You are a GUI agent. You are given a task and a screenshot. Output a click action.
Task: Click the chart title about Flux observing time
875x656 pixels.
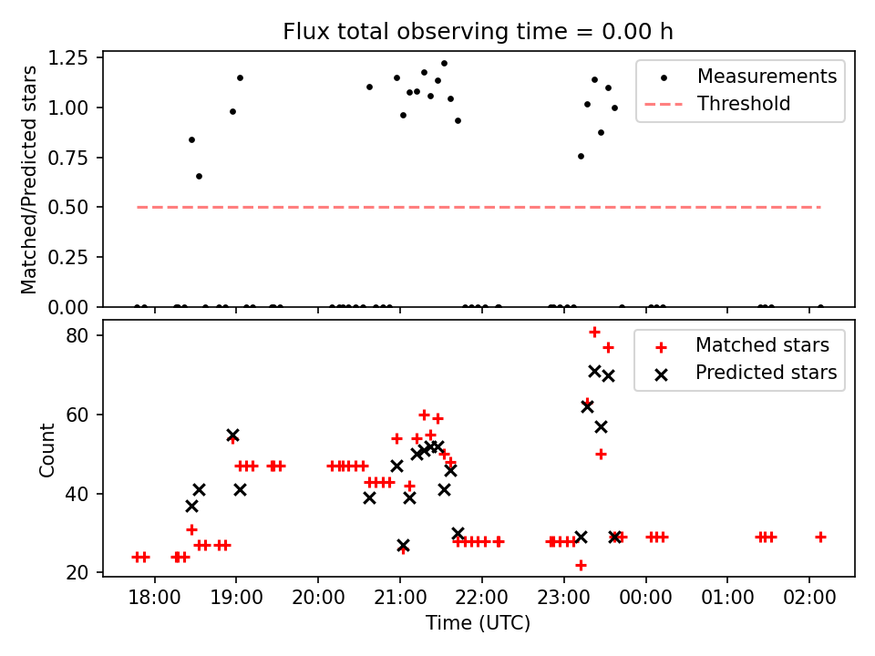click(478, 32)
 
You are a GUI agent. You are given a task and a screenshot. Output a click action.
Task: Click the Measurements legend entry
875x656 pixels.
click(767, 77)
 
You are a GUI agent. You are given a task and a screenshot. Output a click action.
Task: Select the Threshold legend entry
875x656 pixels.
click(744, 104)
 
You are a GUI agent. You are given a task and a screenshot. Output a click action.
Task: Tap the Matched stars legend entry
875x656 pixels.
click(762, 345)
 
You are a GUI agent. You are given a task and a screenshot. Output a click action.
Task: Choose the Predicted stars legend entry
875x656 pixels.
click(766, 373)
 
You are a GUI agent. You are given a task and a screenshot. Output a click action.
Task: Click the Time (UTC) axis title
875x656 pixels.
click(478, 624)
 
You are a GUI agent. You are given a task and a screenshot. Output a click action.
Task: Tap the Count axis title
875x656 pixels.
click(47, 448)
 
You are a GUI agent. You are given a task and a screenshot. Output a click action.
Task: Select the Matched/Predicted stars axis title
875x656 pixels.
click(29, 179)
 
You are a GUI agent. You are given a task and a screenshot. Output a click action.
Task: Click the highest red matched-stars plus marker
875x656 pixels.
click(594, 333)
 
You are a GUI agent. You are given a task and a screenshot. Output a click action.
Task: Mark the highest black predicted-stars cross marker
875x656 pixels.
click(594, 372)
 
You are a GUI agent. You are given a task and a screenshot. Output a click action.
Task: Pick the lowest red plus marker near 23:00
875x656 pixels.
click(581, 565)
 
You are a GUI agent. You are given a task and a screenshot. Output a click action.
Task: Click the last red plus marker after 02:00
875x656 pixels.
click(820, 538)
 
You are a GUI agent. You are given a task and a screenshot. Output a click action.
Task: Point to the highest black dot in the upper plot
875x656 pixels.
click(444, 64)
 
